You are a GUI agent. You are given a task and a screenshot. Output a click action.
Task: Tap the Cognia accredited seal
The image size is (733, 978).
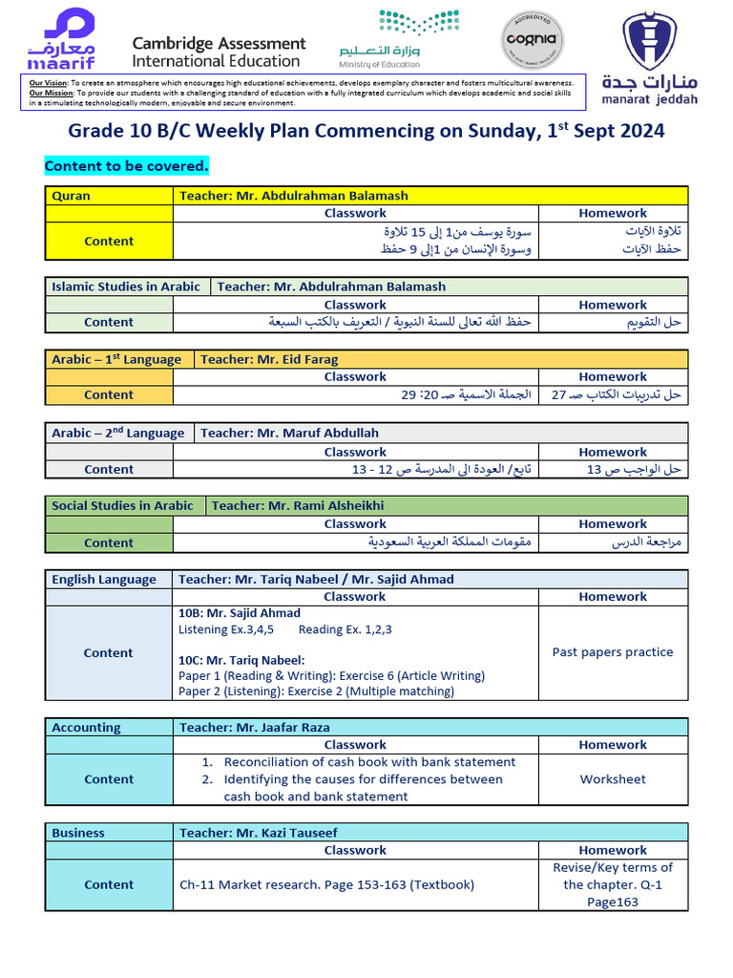533,40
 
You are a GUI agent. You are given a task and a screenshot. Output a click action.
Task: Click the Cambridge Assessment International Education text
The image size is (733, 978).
219,52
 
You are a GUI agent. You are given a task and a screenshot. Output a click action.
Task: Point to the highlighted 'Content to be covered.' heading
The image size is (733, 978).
126,166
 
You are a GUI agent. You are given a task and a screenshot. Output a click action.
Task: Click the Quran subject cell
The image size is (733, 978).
72,195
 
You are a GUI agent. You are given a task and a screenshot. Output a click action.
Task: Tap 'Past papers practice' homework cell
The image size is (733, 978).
612,652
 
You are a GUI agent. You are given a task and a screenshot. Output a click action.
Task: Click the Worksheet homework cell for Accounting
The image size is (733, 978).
612,779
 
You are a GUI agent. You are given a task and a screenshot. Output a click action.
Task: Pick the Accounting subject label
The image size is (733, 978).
86,728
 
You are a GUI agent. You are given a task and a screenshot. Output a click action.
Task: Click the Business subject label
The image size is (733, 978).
78,833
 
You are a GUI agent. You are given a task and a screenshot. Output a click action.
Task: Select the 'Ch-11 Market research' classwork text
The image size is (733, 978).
326,884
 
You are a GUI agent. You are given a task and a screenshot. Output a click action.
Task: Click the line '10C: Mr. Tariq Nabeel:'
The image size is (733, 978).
241,659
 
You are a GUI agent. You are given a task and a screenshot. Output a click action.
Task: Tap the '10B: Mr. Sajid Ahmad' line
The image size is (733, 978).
239,613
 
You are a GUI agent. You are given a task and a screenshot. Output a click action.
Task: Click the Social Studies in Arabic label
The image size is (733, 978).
122,506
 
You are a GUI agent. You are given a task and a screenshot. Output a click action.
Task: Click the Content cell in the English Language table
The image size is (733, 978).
109,653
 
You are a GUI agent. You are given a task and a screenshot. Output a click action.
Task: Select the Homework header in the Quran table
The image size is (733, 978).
612,213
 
